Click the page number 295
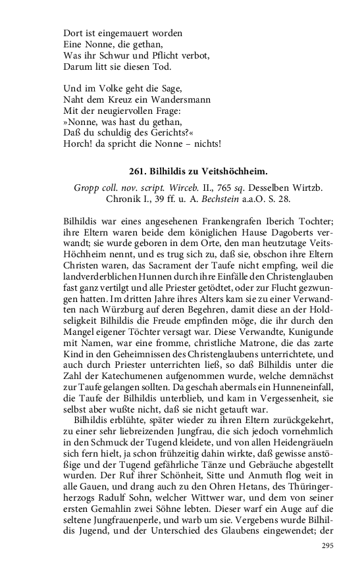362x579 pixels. click(328, 546)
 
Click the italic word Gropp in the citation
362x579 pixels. click(88, 188)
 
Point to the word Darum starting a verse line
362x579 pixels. click(78, 66)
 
